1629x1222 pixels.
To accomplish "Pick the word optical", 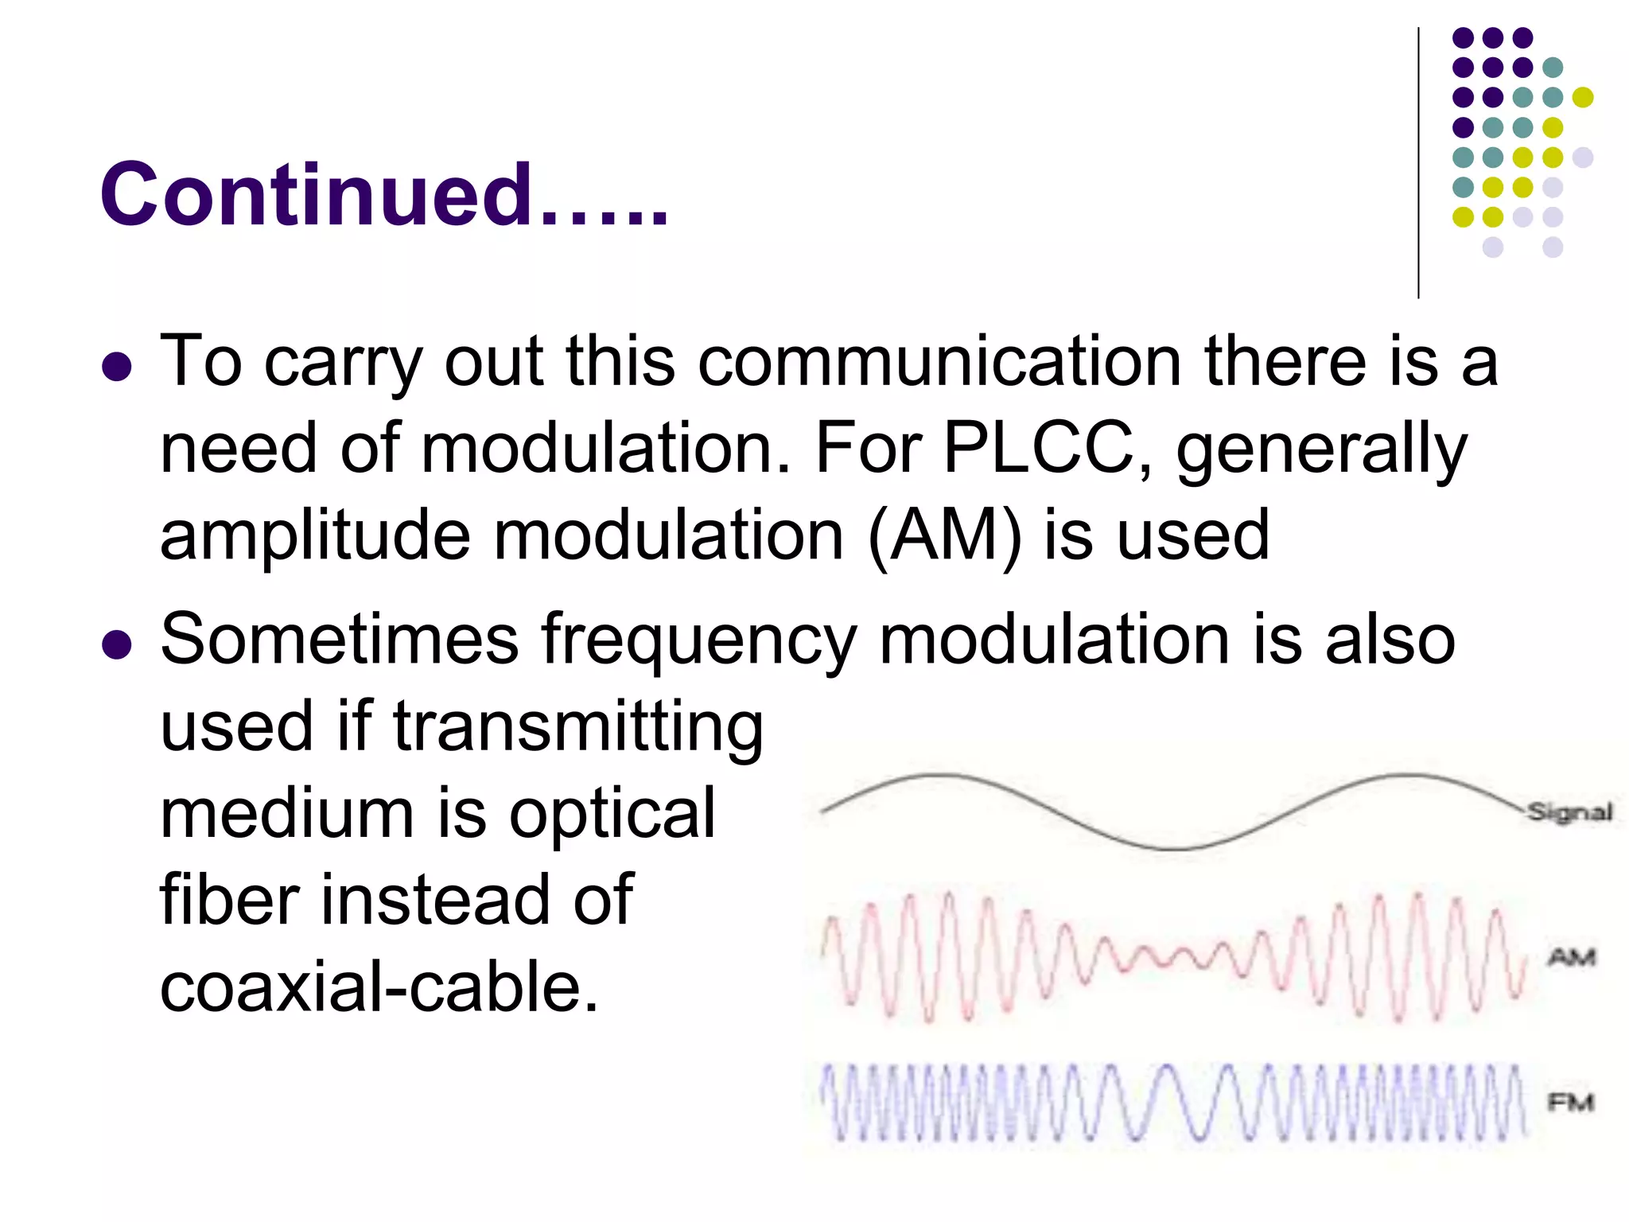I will click(x=612, y=815).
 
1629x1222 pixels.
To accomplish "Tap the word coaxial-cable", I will click(x=379, y=987).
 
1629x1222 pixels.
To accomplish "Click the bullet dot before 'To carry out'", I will click(x=117, y=367).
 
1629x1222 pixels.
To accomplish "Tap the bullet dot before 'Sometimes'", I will click(x=117, y=645).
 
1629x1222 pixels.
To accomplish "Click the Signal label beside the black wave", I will click(x=1569, y=812).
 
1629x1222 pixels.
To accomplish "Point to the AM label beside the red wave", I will click(x=1571, y=956).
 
